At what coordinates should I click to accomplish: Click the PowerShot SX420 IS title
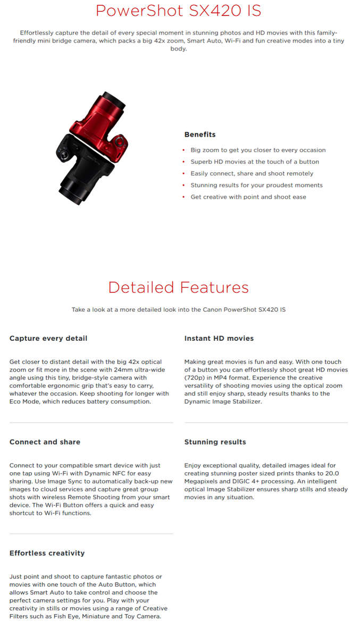tap(178, 11)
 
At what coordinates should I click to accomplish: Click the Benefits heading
tap(200, 135)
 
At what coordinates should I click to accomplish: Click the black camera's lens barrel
tap(72, 191)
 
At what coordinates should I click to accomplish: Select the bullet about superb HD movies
tap(255, 162)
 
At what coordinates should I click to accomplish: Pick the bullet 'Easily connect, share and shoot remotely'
tap(252, 173)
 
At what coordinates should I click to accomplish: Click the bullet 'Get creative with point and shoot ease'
tap(248, 197)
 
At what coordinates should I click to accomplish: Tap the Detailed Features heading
tap(178, 288)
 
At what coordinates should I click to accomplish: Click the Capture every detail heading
tap(48, 338)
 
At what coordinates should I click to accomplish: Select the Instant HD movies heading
tap(219, 338)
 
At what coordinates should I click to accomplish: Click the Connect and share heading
tap(45, 442)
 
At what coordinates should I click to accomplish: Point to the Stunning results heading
tap(215, 442)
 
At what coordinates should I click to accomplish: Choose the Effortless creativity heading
tap(47, 553)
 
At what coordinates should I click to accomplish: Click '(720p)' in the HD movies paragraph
tap(195, 377)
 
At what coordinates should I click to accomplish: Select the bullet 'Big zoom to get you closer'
tap(258, 150)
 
